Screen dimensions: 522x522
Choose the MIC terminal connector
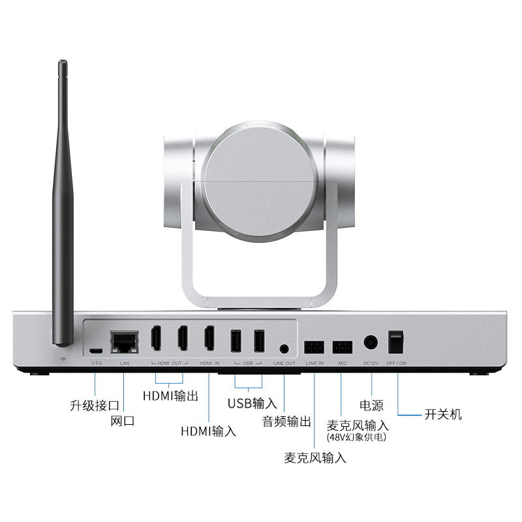pyautogui.click(x=341, y=345)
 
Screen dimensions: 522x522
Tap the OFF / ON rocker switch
pyautogui.click(x=395, y=341)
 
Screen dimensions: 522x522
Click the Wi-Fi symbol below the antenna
pyautogui.click(x=63, y=359)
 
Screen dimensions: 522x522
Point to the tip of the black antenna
pyautogui.click(x=63, y=64)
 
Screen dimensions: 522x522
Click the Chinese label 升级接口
pyautogui.click(x=94, y=405)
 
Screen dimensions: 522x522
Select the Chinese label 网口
pyautogui.click(x=122, y=422)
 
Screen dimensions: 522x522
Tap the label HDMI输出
pyautogui.click(x=170, y=396)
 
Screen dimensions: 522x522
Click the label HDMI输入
pyautogui.click(x=208, y=431)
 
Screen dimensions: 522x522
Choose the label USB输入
pyautogui.click(x=253, y=403)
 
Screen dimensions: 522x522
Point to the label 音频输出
pyautogui.click(x=287, y=421)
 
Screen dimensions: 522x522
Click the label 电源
pyautogui.click(x=371, y=405)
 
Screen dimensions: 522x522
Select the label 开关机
pyautogui.click(x=443, y=414)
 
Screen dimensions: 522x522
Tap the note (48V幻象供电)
pyautogui.click(x=357, y=438)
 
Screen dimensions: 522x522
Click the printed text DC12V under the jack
pyautogui.click(x=371, y=363)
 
